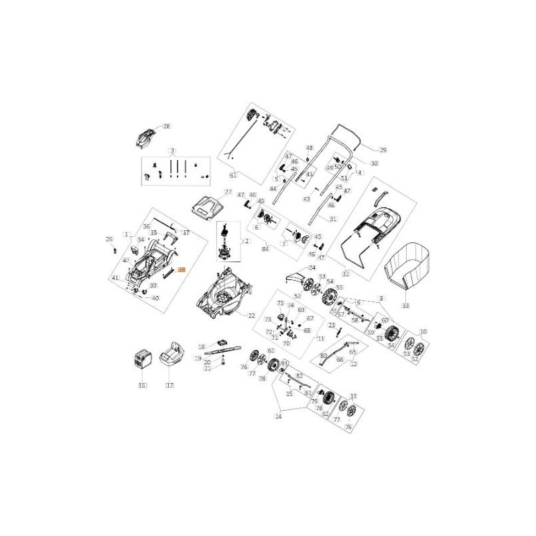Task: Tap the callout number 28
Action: pyautogui.click(x=167, y=126)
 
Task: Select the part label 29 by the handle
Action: pyautogui.click(x=383, y=149)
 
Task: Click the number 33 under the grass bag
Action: pyautogui.click(x=405, y=305)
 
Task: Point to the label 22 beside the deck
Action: pyautogui.click(x=252, y=316)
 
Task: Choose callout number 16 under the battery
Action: pyautogui.click(x=142, y=385)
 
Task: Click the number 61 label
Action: pyautogui.click(x=233, y=176)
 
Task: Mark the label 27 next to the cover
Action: pyautogui.click(x=228, y=192)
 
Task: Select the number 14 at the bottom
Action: pyautogui.click(x=278, y=416)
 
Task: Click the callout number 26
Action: pyautogui.click(x=109, y=239)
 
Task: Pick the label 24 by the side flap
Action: pyautogui.click(x=311, y=267)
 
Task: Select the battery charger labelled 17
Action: pyautogui.click(x=174, y=360)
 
